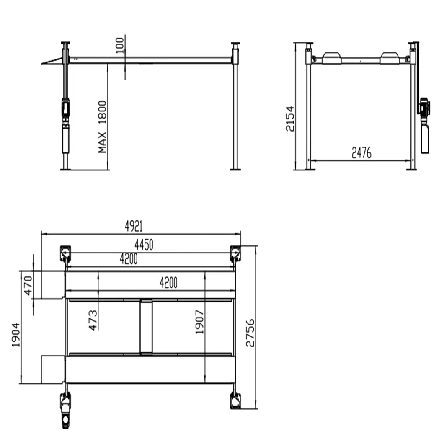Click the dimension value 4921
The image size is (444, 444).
pyautogui.click(x=134, y=227)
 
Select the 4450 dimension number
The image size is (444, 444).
pyautogui.click(x=144, y=245)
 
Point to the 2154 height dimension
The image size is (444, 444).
pyautogui.click(x=290, y=119)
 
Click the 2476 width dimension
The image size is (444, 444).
pyautogui.click(x=361, y=153)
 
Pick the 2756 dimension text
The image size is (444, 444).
pyautogui.click(x=250, y=333)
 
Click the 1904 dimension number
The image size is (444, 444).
pyautogui.click(x=16, y=335)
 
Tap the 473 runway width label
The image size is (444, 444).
pyautogui.click(x=93, y=320)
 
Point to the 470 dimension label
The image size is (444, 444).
pyautogui.click(x=28, y=285)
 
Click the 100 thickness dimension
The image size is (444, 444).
pyautogui.click(x=120, y=46)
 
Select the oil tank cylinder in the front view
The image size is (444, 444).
pyautogui.click(x=425, y=138)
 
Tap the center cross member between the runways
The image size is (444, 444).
pyautogui.click(x=146, y=327)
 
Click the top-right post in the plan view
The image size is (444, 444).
pyautogui.click(x=235, y=253)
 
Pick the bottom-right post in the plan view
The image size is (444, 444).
pyautogui.click(x=235, y=401)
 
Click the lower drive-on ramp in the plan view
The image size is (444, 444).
pyautogui.click(x=53, y=369)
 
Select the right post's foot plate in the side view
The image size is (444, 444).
pyautogui.click(x=235, y=169)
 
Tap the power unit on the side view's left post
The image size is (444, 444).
pyautogui.click(x=65, y=108)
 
